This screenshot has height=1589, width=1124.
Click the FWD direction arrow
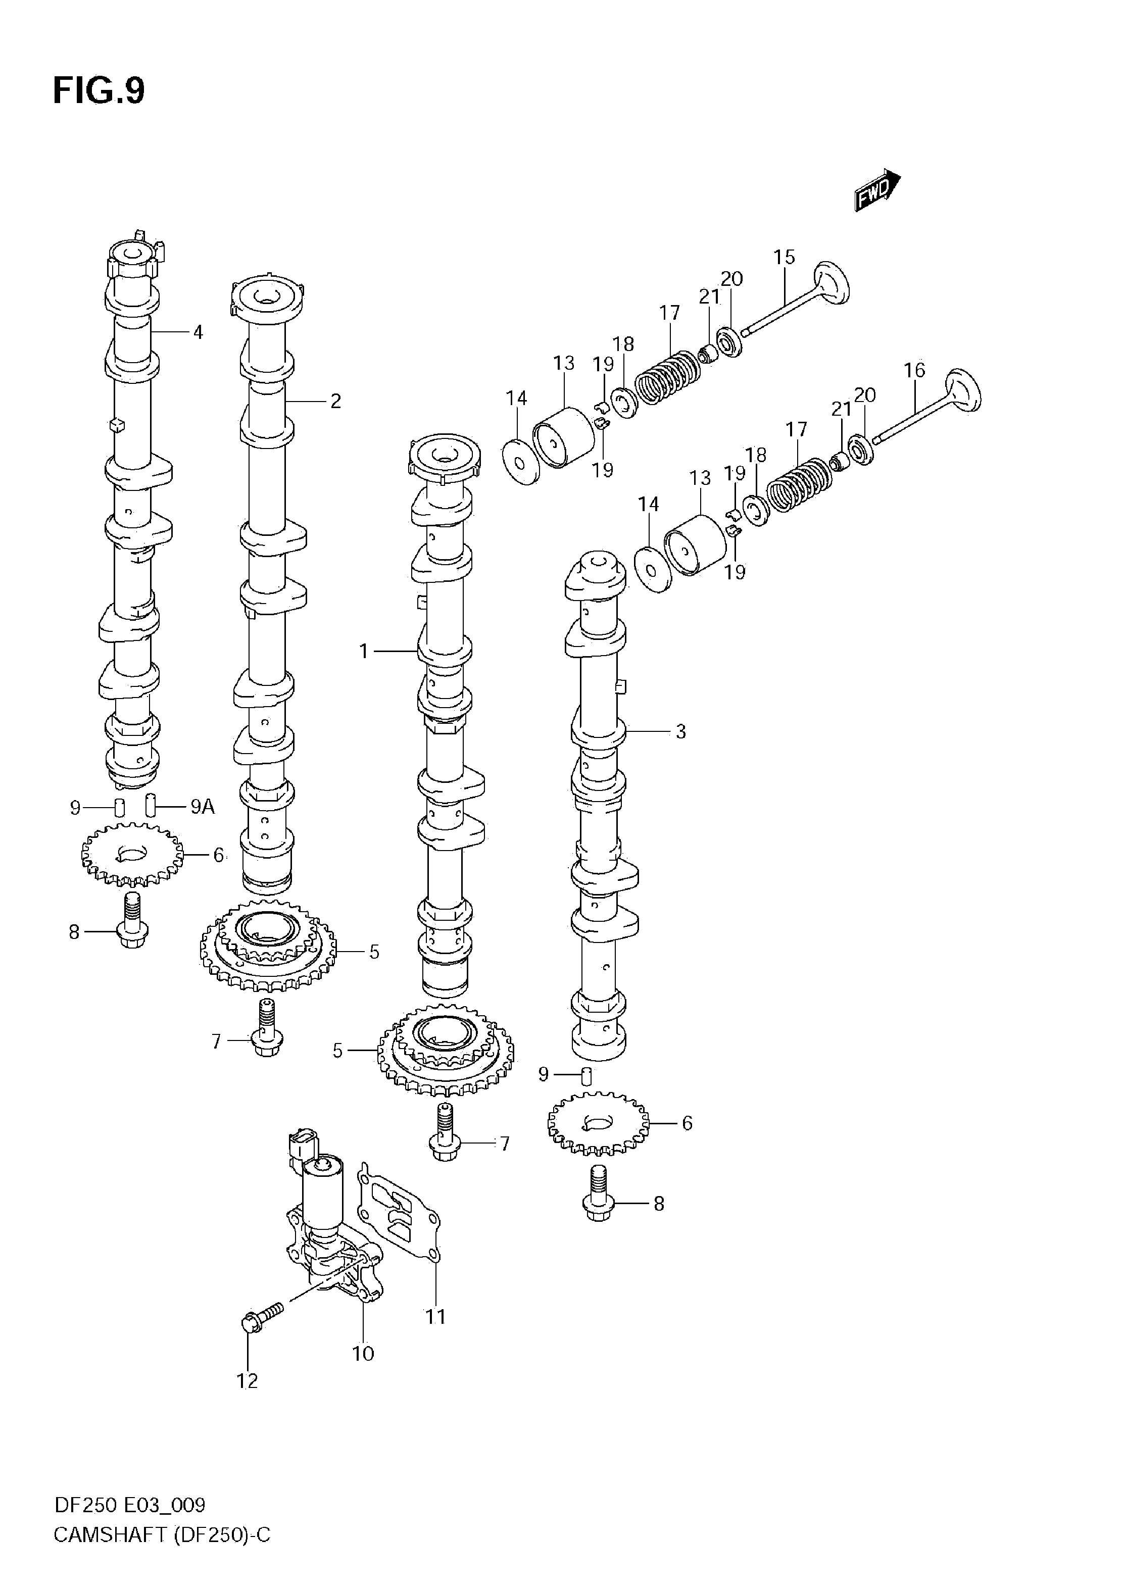[x=877, y=190]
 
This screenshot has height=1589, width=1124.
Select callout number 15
[x=784, y=258]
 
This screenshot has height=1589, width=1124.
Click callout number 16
[x=914, y=370]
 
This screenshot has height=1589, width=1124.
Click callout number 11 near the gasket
[x=435, y=1316]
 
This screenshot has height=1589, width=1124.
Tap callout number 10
[x=363, y=1353]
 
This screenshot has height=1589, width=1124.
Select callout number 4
[x=198, y=332]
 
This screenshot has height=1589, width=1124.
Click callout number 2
[x=335, y=402]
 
